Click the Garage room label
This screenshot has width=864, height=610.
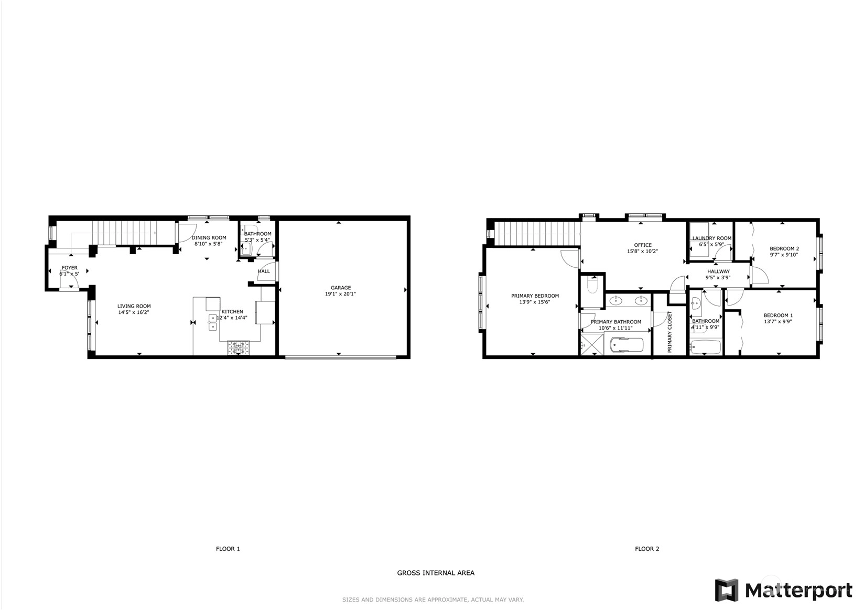click(x=341, y=288)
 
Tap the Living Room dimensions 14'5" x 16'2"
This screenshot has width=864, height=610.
click(x=134, y=312)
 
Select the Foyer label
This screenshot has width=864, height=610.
click(x=69, y=268)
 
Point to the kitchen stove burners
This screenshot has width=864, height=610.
click(x=239, y=347)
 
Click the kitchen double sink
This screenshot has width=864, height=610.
click(x=212, y=323)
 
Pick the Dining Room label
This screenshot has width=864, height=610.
click(x=209, y=237)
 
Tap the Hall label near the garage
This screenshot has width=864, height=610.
click(x=264, y=271)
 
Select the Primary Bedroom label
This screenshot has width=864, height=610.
click(x=535, y=296)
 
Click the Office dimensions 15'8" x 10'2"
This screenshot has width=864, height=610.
click(x=642, y=251)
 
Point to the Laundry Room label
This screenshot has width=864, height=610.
click(x=711, y=238)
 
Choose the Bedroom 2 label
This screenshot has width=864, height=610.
click(x=784, y=249)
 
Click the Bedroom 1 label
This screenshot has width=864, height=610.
click(x=779, y=315)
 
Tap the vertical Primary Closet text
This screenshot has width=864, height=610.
click(x=669, y=332)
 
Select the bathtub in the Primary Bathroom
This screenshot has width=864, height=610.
click(x=627, y=345)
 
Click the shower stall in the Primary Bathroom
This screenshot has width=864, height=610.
click(x=592, y=344)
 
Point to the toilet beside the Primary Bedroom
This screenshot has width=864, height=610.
click(x=592, y=286)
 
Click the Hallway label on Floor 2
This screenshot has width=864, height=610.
click(x=718, y=271)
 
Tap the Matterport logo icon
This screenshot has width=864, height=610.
click(x=727, y=590)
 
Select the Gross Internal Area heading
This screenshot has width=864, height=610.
click(x=436, y=573)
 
